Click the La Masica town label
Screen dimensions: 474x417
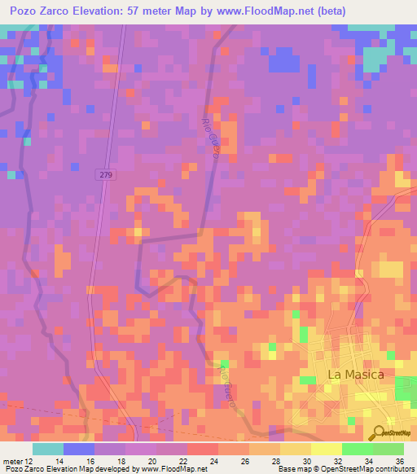[355, 374]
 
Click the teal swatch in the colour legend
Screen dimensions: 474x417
[48, 449]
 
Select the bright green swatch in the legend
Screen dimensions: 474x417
[358, 449]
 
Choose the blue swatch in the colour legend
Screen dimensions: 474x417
[79, 449]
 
